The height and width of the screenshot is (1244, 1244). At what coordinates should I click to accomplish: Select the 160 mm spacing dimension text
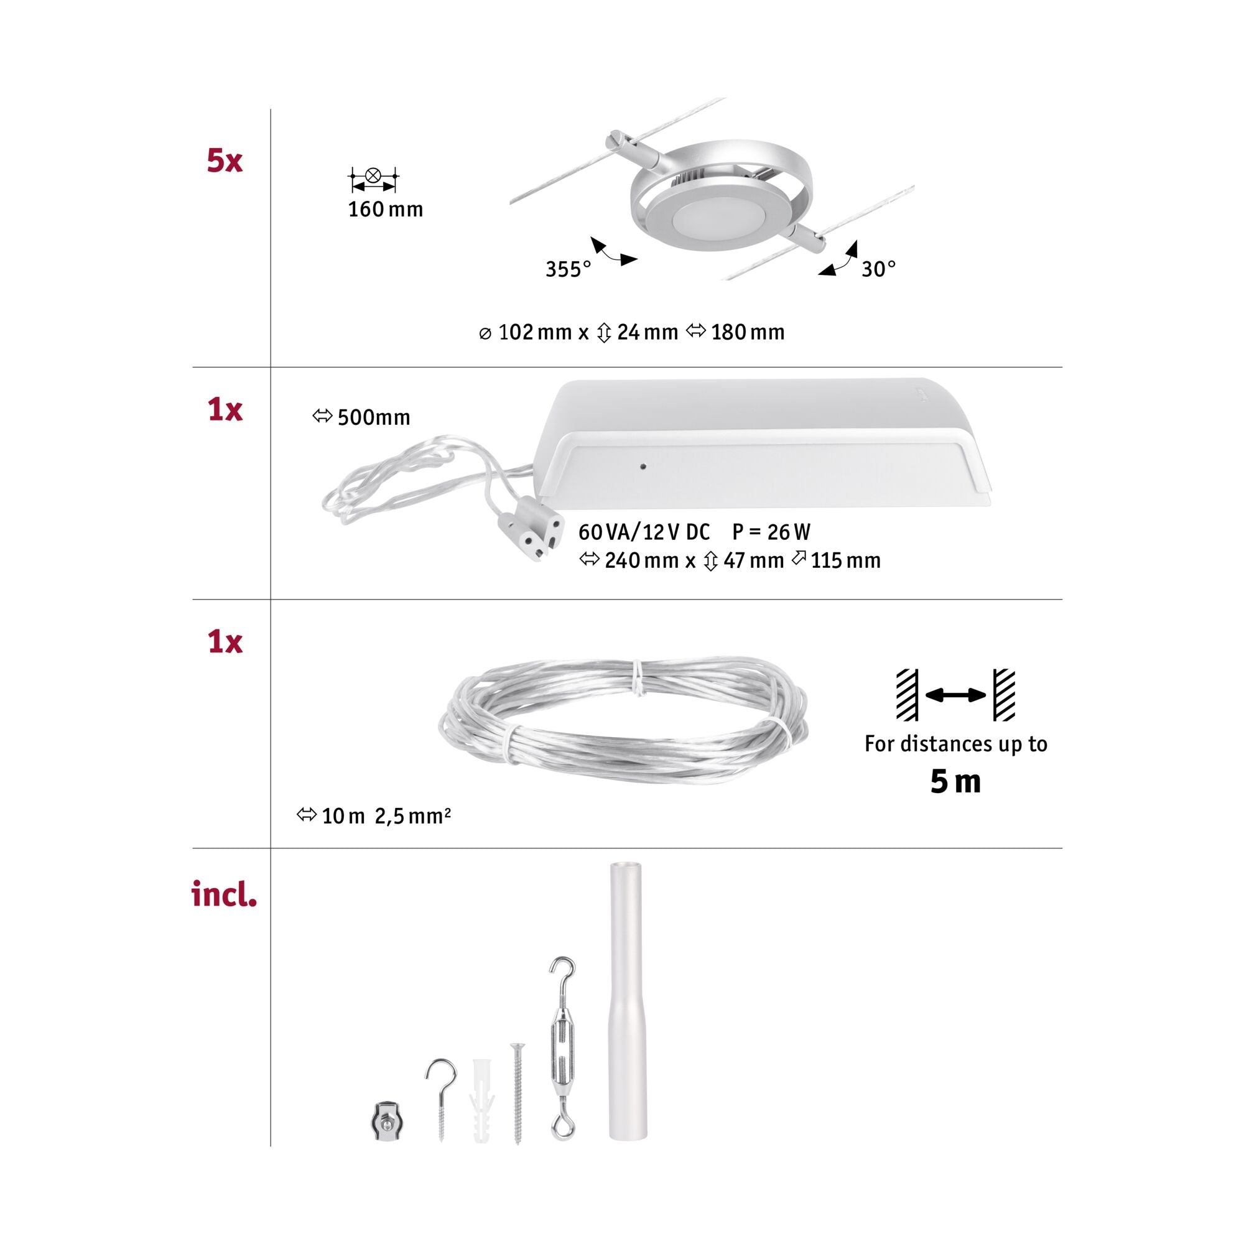tap(385, 209)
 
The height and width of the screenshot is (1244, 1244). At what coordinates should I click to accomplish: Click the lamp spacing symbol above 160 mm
tap(373, 179)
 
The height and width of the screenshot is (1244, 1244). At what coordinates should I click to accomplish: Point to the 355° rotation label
tap(568, 269)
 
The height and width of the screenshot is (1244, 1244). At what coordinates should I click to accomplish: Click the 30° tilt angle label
tap(878, 269)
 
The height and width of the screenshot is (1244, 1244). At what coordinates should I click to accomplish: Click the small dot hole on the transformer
tap(643, 466)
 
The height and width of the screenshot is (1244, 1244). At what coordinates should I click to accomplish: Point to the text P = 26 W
tap(771, 532)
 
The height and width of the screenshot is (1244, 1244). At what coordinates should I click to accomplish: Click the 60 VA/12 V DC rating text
tap(644, 532)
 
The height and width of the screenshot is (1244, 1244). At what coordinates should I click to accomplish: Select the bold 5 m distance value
tap(955, 781)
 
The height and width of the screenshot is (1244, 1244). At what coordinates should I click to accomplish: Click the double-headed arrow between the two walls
tap(955, 695)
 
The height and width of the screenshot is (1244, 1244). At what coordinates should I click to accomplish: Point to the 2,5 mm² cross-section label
tap(413, 816)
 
